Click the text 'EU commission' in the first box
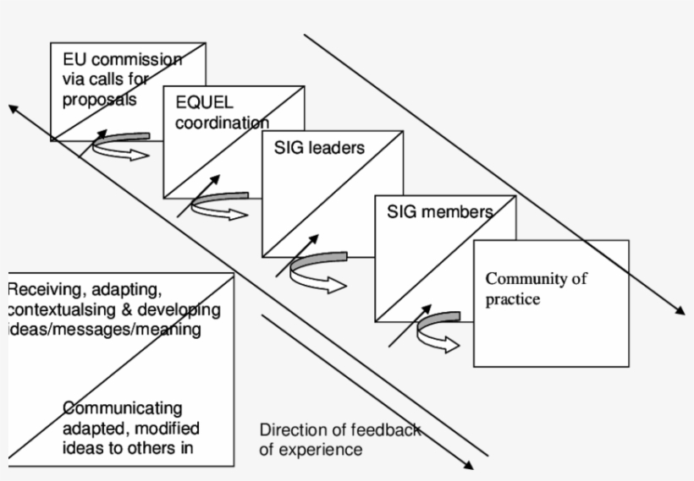point(122,60)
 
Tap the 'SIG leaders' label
point(319,148)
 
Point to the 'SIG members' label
point(439,211)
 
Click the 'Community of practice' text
point(536,288)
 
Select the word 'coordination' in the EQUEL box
point(222,123)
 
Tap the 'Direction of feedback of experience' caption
point(339,440)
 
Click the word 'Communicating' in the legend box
point(121,409)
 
